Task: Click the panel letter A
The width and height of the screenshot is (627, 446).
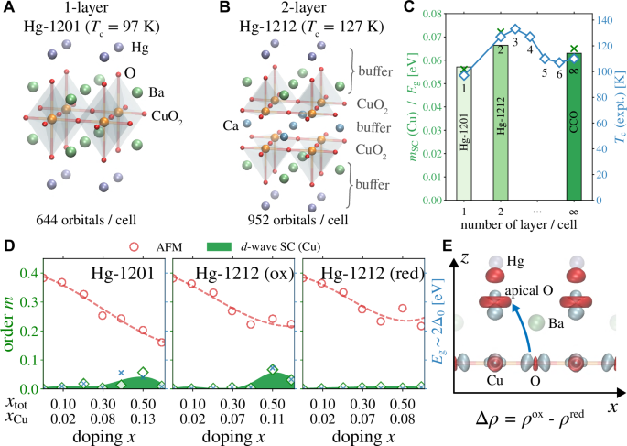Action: coord(7,7)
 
